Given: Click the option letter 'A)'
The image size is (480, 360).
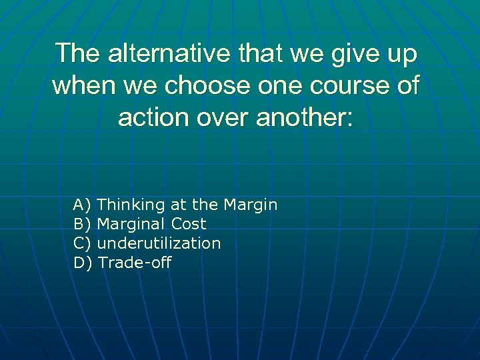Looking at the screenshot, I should tap(83, 205).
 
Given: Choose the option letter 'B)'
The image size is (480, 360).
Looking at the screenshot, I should tap(83, 224).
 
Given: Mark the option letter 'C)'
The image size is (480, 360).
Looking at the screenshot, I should tap(83, 243).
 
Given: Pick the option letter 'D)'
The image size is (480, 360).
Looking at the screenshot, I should tap(83, 263).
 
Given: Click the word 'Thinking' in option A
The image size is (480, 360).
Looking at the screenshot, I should tap(130, 205).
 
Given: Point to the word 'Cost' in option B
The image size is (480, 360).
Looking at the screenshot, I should tap(189, 224).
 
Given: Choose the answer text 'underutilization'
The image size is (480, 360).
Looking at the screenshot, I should tap(159, 243).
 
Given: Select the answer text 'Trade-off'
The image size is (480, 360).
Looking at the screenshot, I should tap(135, 263).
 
